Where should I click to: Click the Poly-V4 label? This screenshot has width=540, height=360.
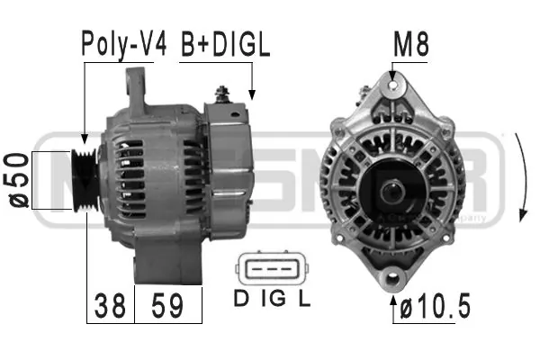(124, 46)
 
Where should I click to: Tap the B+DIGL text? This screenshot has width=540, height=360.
(225, 46)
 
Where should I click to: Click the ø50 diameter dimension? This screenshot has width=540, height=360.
(18, 180)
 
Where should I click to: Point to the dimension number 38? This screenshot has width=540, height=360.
(110, 307)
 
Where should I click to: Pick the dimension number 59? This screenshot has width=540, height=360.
(168, 307)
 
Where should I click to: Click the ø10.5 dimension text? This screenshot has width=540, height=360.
(436, 307)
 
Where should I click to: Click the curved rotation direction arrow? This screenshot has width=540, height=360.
(525, 180)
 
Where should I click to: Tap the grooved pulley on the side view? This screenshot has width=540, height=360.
(86, 179)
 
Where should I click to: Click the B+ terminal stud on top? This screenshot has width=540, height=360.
(220, 93)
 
